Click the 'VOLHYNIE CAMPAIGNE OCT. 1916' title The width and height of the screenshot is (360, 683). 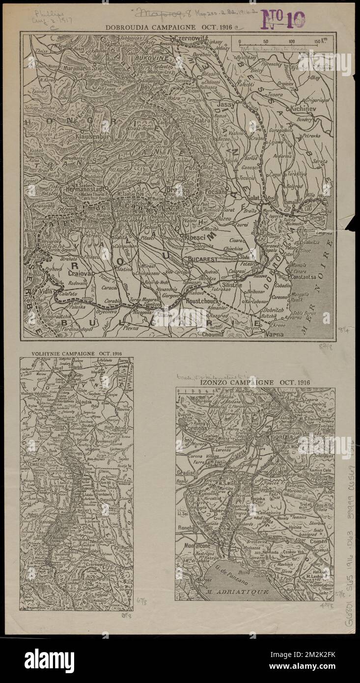tap(76, 353)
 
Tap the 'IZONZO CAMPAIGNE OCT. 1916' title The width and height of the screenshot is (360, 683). tap(254, 382)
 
